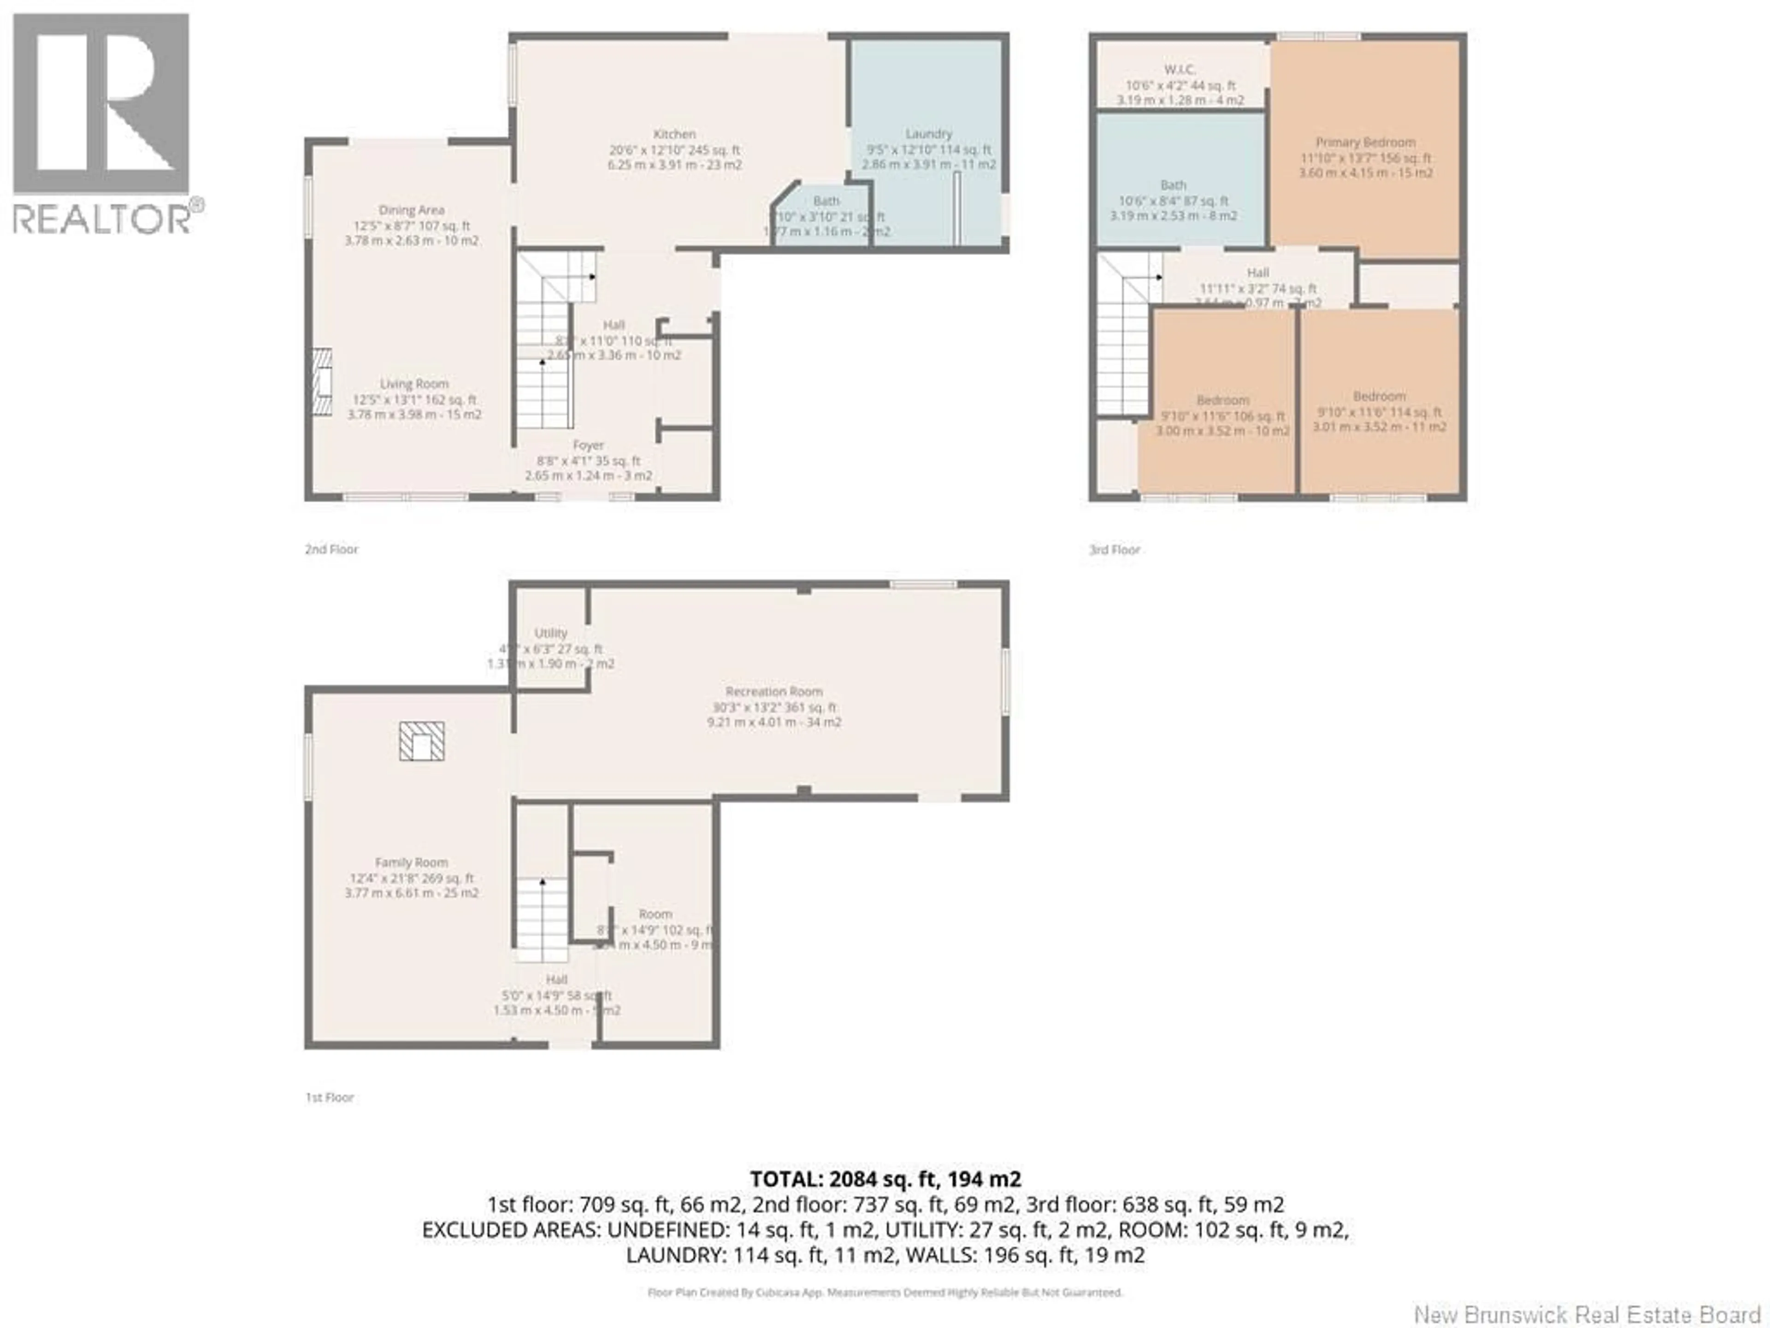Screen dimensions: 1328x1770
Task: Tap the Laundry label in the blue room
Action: pyautogui.click(x=928, y=134)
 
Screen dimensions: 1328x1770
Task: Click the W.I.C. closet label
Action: pyautogui.click(x=1180, y=70)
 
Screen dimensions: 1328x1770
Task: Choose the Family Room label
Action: pyautogui.click(x=411, y=862)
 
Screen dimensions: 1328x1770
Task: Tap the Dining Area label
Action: pyautogui.click(x=411, y=210)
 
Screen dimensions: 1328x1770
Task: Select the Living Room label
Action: pyautogui.click(x=414, y=384)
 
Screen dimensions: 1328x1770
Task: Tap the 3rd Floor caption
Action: pyautogui.click(x=1114, y=549)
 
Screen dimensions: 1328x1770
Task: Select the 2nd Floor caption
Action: pyautogui.click(x=331, y=549)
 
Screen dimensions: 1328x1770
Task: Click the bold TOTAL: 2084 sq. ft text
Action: pyautogui.click(x=885, y=1178)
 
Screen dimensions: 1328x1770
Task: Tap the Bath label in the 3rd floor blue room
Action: pyautogui.click(x=1173, y=185)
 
